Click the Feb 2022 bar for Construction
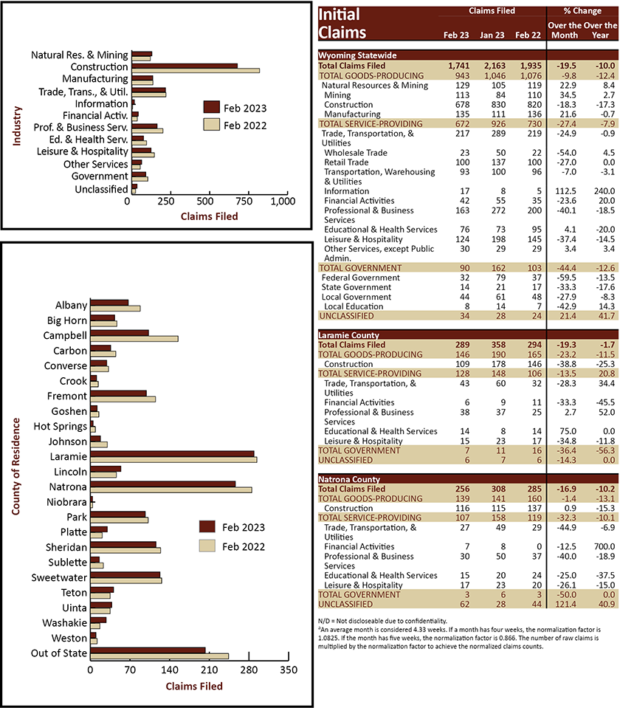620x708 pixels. pyautogui.click(x=196, y=70)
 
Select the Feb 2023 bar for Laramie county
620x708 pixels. pyautogui.click(x=172, y=454)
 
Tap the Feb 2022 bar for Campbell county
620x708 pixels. pyautogui.click(x=134, y=339)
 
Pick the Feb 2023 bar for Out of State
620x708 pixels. pyautogui.click(x=148, y=650)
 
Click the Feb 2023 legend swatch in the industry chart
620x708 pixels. pyautogui.click(x=211, y=107)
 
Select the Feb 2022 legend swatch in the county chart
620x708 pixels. pyautogui.click(x=207, y=546)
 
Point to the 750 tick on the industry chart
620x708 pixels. pyautogui.click(x=244, y=202)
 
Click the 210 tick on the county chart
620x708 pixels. pyautogui.click(x=209, y=670)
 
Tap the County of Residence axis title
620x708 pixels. pyautogui.click(x=15, y=467)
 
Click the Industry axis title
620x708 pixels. pyautogui.click(x=17, y=126)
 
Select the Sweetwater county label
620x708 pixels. pyautogui.click(x=59, y=577)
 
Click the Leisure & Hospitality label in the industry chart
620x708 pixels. pyautogui.click(x=83, y=151)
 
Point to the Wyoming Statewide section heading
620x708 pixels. pyautogui.click(x=358, y=55)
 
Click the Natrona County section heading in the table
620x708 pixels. pyautogui.click(x=349, y=479)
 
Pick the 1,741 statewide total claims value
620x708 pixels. pyautogui.click(x=459, y=66)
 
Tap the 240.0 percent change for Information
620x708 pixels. pyautogui.click(x=604, y=191)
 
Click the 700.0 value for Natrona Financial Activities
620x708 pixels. pyautogui.click(x=604, y=546)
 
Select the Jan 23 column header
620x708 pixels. pyautogui.click(x=492, y=35)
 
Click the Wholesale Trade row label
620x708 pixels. pyautogui.click(x=356, y=153)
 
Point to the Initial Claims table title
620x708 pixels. pyautogui.click(x=342, y=24)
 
